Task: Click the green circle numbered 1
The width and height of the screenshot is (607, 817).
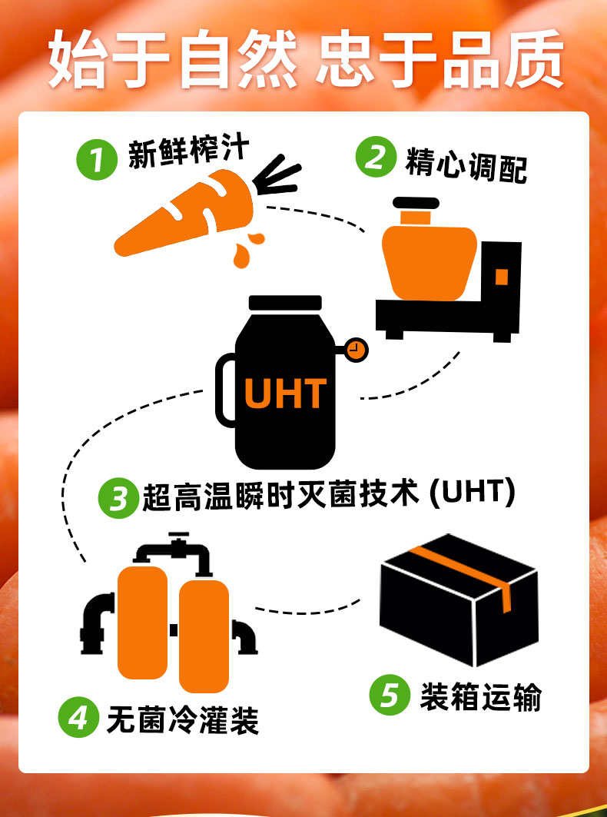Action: tap(96, 161)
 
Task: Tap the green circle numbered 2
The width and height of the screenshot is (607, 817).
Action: tap(375, 157)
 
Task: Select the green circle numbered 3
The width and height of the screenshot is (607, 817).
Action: tap(118, 499)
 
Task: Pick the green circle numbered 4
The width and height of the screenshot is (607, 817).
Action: tap(78, 718)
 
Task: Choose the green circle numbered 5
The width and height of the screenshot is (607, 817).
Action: tap(389, 695)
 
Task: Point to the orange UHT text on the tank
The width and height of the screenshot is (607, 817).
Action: tap(285, 394)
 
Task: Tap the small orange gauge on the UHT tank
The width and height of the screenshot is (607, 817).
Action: tap(355, 350)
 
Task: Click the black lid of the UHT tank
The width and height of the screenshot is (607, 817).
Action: tap(285, 303)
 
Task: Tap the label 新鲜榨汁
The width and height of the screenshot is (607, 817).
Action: tap(189, 154)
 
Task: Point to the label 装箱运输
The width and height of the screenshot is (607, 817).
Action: tap(480, 696)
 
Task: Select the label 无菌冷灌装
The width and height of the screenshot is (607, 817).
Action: tap(183, 719)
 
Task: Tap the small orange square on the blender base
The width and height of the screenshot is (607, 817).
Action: tap(501, 277)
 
